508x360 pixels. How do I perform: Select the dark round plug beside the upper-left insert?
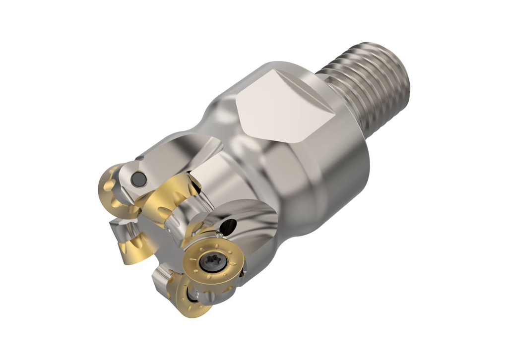tap(138, 178)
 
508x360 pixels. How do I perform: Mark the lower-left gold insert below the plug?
tap(130, 248)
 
